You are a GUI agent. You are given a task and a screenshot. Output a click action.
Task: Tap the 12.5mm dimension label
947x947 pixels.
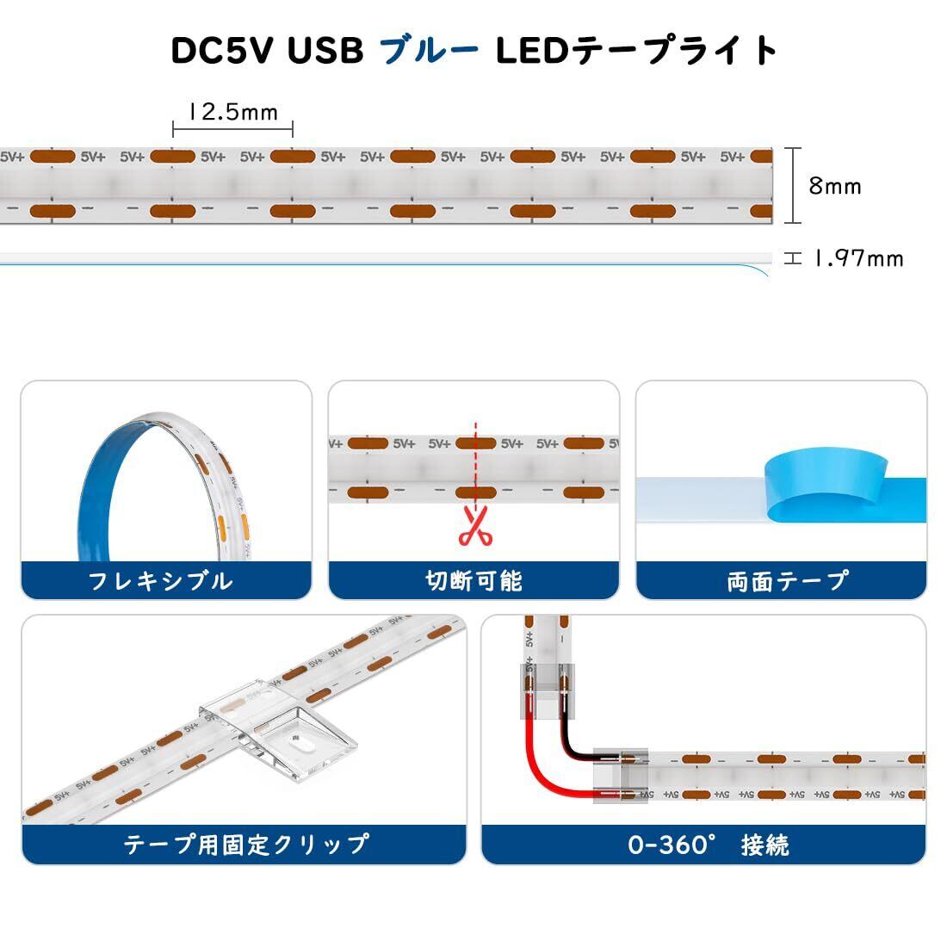(x=233, y=112)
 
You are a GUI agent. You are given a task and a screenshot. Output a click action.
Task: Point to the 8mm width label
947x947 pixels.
(x=835, y=186)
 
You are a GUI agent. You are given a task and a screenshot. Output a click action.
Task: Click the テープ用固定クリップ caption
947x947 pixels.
(x=245, y=844)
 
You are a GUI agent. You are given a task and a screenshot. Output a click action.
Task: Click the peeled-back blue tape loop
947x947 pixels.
(x=822, y=482)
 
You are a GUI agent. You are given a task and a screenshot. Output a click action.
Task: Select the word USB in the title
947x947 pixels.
(x=325, y=51)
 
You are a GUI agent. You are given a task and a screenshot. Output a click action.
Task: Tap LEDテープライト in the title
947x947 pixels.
(x=637, y=51)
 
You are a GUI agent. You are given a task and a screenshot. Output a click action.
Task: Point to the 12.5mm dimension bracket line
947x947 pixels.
(x=233, y=130)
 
